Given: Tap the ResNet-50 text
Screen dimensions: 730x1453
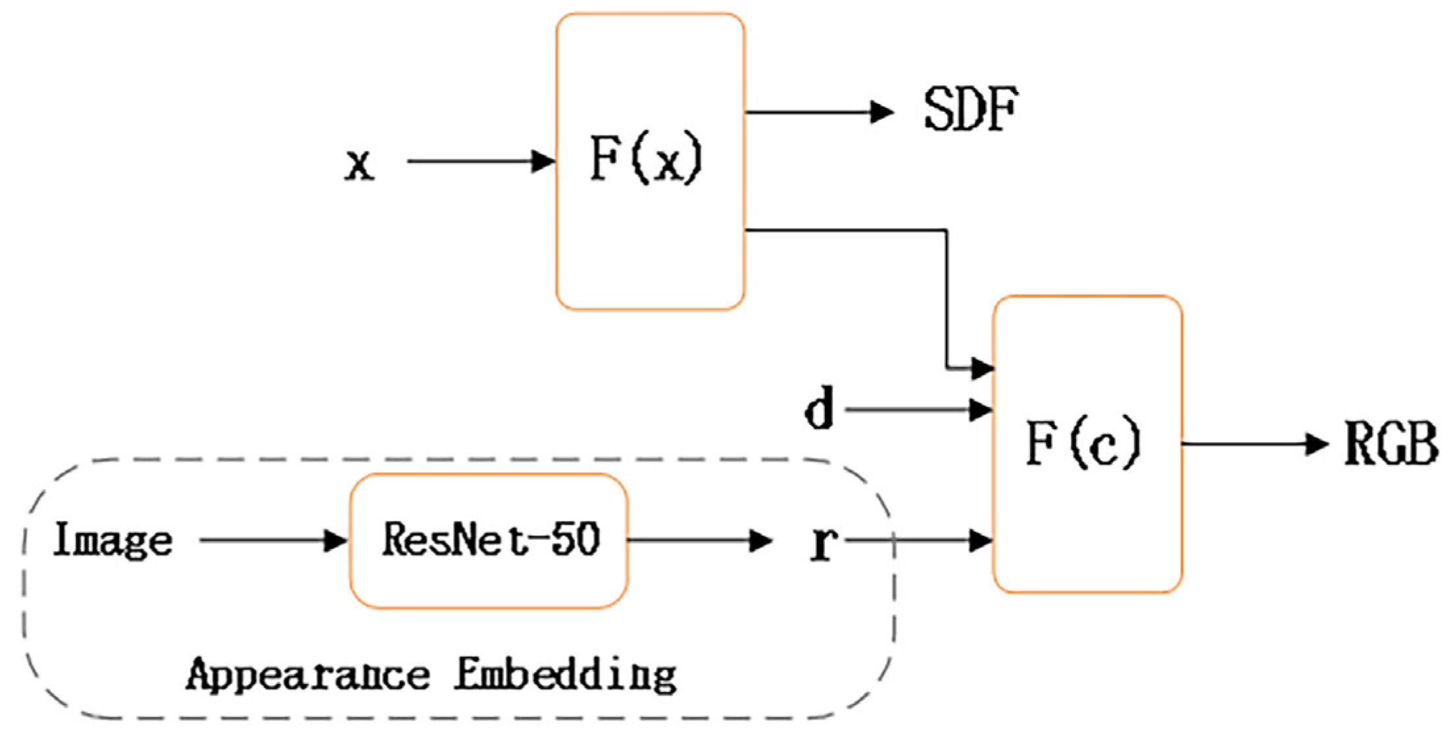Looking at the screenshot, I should click(491, 540).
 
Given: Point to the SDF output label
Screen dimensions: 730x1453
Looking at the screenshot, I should click(971, 109).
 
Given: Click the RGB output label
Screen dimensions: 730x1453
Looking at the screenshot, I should click(1390, 444).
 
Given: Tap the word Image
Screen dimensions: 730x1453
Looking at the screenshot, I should click(112, 540).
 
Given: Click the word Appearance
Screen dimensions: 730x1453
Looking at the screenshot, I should click(308, 675).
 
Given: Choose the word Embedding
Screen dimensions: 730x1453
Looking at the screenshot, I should click(566, 675).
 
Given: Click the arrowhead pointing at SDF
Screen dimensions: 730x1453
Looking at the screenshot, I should click(881, 112).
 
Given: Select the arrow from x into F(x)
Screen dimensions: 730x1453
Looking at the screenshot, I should click(480, 160).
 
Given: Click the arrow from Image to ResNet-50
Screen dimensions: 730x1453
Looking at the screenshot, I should click(272, 541).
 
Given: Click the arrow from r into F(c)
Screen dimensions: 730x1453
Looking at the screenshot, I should click(921, 541).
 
